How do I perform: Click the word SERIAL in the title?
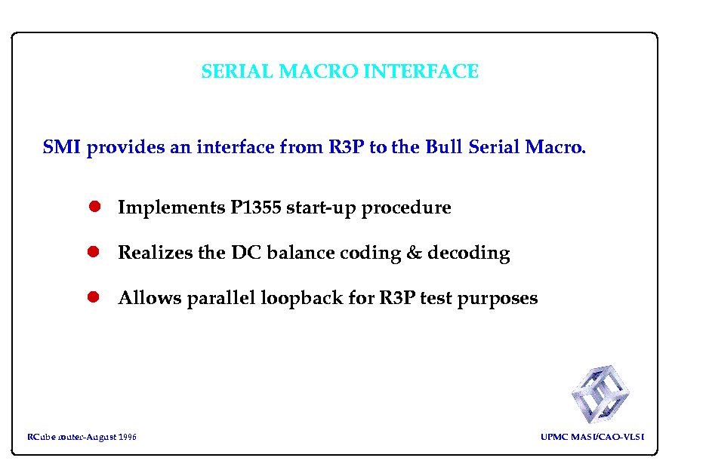coord(237,71)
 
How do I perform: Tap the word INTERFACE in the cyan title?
coord(421,71)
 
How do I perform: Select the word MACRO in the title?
coord(319,71)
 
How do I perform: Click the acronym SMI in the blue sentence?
coord(61,147)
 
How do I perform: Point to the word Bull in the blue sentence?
coord(444,147)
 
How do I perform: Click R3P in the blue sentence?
coord(347,147)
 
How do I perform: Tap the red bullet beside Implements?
coord(94,207)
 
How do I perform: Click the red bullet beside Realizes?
coord(93,251)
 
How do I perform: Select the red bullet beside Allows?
coord(93,297)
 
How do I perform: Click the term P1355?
coord(256,207)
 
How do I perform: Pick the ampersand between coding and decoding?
coord(414,253)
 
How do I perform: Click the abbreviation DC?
coord(246,253)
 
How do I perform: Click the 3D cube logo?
coord(600,394)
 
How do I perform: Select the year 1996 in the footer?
coord(128,437)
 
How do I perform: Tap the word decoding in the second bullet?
coord(469,253)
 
